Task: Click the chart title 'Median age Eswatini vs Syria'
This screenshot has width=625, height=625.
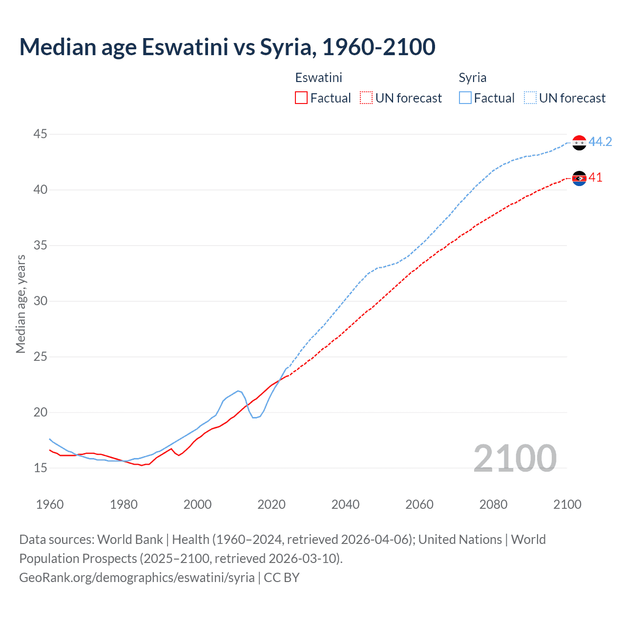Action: [x=227, y=47]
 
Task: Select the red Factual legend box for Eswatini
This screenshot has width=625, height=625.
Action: [x=301, y=98]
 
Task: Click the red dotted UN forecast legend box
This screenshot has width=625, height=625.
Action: [x=366, y=98]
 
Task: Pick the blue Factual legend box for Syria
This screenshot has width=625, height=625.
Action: [x=465, y=98]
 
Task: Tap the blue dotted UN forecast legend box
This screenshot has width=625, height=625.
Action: [x=530, y=98]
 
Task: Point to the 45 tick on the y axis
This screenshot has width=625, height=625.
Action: [x=41, y=134]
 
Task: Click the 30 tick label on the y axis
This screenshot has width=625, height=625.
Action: [x=41, y=301]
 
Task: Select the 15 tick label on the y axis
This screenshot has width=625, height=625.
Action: [x=41, y=468]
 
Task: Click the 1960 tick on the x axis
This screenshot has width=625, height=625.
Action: [x=50, y=504]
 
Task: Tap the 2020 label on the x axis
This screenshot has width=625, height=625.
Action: [x=271, y=504]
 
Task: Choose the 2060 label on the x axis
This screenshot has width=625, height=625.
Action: [x=419, y=504]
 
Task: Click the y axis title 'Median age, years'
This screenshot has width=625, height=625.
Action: [x=21, y=304]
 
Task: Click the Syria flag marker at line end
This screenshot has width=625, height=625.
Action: [x=579, y=143]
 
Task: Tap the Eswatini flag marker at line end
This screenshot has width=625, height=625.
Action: [x=579, y=178]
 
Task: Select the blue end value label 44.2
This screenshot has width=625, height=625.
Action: [x=600, y=142]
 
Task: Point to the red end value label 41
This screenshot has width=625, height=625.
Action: [x=596, y=177]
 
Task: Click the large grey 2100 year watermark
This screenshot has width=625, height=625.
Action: [x=515, y=458]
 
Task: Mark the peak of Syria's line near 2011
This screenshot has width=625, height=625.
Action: [x=238, y=391]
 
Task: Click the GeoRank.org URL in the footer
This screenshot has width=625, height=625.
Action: [x=137, y=577]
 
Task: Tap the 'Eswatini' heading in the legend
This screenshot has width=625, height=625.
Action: [x=318, y=78]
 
